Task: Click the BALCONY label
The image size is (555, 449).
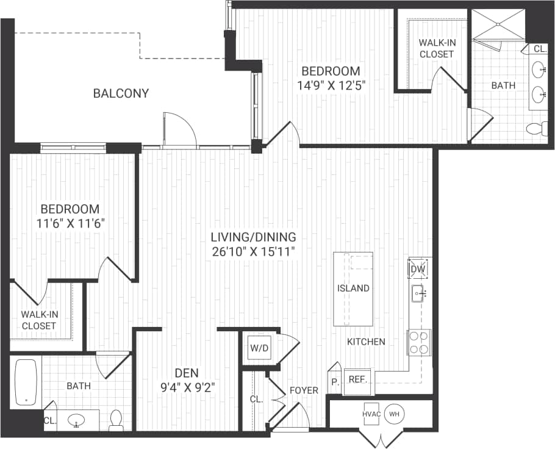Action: pyautogui.click(x=121, y=93)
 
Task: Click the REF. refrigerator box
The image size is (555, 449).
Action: pyautogui.click(x=357, y=379)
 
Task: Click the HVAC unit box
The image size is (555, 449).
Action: pyautogui.click(x=372, y=414)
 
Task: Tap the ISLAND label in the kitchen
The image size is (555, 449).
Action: pyautogui.click(x=353, y=288)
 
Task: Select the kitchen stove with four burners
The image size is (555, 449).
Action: pyautogui.click(x=419, y=342)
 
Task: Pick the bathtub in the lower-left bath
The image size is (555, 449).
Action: pyautogui.click(x=26, y=382)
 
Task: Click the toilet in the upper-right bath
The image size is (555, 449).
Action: pyautogui.click(x=536, y=129)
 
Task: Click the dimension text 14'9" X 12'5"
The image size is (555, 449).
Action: pyautogui.click(x=331, y=85)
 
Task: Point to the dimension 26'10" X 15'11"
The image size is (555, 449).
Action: pyautogui.click(x=253, y=251)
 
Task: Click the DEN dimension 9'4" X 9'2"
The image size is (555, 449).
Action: pyautogui.click(x=186, y=386)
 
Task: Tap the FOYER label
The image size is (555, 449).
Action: pyautogui.click(x=304, y=390)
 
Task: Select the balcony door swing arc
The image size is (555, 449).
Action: pyautogui.click(x=181, y=128)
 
